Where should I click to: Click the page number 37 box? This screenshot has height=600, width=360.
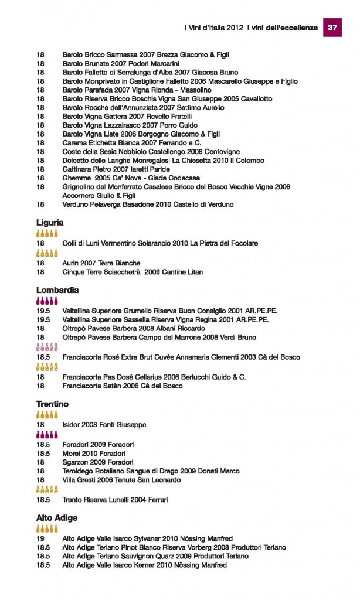pyautogui.click(x=332, y=28)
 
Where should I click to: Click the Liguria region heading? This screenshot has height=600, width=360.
pyautogui.click(x=50, y=223)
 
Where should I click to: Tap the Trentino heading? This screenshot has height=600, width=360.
pyautogui.click(x=52, y=404)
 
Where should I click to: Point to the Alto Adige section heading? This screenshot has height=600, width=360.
pyautogui.click(x=57, y=519)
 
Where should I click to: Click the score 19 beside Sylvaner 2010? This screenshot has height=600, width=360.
pyautogui.click(x=40, y=538)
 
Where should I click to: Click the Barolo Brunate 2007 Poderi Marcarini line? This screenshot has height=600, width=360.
pyautogui.click(x=120, y=63)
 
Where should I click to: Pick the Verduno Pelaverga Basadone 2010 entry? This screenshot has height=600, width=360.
pyautogui.click(x=148, y=204)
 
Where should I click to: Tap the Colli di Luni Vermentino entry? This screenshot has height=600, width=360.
pyautogui.click(x=160, y=243)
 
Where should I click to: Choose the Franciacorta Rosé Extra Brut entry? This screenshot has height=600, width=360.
pyautogui.click(x=181, y=357)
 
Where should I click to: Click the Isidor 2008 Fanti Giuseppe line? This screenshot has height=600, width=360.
pyautogui.click(x=104, y=424)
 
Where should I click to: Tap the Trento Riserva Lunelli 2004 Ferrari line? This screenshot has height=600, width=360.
pyautogui.click(x=115, y=500)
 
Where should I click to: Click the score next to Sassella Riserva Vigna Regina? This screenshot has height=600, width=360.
pyautogui.click(x=43, y=320)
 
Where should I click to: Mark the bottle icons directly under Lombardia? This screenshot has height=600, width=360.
pyautogui.click(x=47, y=301)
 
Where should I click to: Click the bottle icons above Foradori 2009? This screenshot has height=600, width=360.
pyautogui.click(x=47, y=435)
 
